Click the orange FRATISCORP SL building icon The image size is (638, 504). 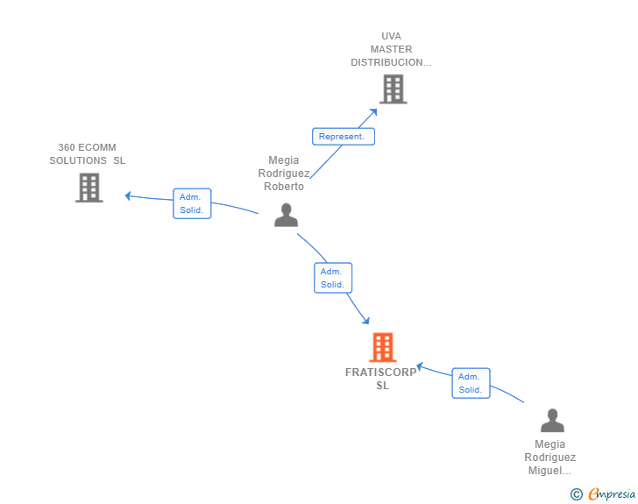(x=383, y=347)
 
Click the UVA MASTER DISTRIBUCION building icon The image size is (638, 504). (x=393, y=89)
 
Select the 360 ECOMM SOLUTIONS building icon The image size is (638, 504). (x=89, y=188)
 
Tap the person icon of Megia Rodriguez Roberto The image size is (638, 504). (x=286, y=215)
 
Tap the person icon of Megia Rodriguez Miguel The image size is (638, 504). (x=552, y=421)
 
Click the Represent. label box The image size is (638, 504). (x=344, y=137)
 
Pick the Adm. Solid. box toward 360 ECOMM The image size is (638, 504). (x=192, y=203)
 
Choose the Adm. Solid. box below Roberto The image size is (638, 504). (x=333, y=278)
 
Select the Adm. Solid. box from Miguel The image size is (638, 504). (x=471, y=383)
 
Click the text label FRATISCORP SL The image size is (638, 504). (x=381, y=379)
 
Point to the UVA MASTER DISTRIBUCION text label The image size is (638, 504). (x=391, y=49)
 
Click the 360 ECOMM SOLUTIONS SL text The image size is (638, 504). (x=87, y=154)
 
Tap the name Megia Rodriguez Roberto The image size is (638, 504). (x=284, y=174)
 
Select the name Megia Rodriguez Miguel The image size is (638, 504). (x=550, y=458)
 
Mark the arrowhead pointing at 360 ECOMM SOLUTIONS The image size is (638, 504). (x=128, y=195)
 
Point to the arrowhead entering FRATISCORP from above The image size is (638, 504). (x=365, y=322)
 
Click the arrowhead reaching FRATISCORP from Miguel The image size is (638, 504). (x=420, y=366)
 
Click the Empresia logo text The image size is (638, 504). (x=611, y=494)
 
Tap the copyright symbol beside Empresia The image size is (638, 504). (x=577, y=494)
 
